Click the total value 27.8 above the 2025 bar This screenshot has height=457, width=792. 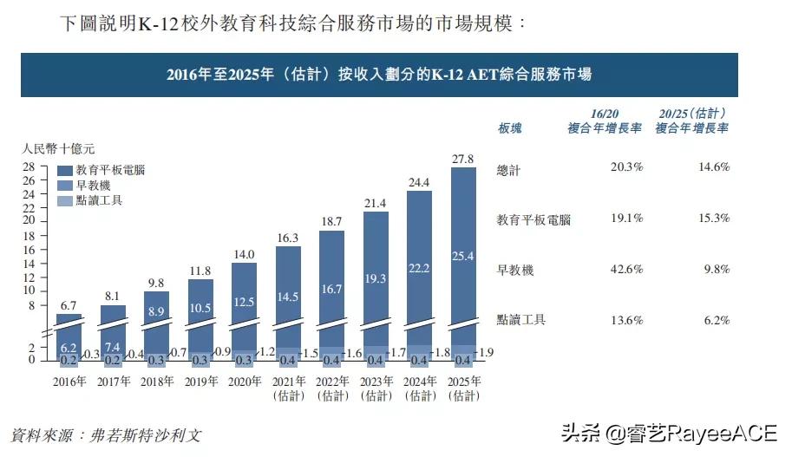(x=464, y=159)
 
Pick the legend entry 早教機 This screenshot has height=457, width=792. (x=92, y=186)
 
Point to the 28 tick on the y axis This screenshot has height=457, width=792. (x=29, y=167)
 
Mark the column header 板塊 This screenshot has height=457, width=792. (x=509, y=128)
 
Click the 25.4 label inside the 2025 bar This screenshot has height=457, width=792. (x=464, y=257)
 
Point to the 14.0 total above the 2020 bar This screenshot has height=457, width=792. (x=244, y=255)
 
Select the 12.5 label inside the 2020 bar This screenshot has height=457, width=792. (x=244, y=301)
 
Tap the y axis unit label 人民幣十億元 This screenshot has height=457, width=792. (x=58, y=148)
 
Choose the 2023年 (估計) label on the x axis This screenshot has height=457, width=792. (x=376, y=388)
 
